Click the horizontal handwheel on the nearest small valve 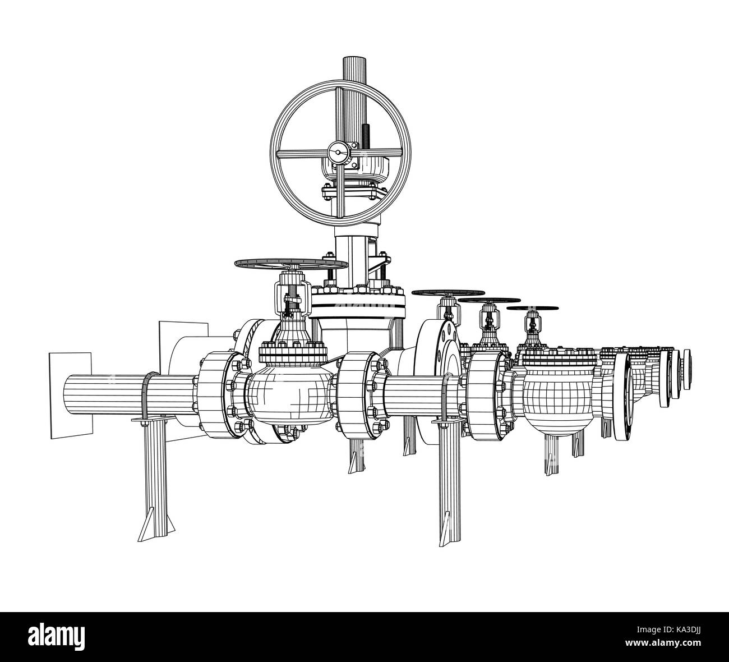(291, 264)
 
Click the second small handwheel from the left (448, 293)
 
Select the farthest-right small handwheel (533, 308)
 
